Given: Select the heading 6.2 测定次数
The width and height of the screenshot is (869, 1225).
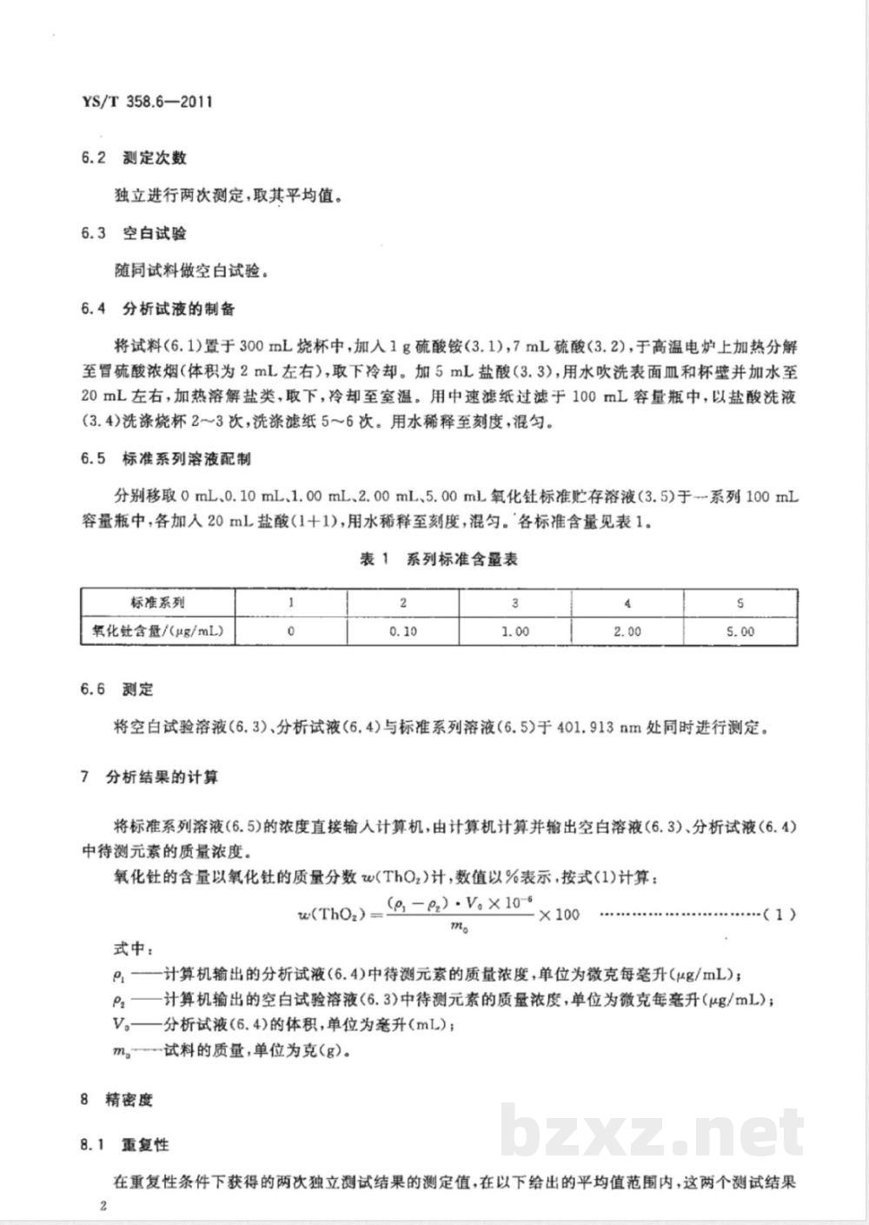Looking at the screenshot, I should point(133,158).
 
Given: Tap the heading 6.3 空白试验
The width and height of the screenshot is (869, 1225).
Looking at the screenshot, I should point(133,233).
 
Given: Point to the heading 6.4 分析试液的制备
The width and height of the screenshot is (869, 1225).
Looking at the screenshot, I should point(157,309).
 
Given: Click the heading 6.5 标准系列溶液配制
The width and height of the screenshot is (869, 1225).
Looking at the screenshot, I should point(165,458).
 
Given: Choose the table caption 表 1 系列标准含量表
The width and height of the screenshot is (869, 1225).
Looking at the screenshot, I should point(439,560).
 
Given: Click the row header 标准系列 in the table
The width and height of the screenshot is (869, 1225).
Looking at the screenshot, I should point(157,603).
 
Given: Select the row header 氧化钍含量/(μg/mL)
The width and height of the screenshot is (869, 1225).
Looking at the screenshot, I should point(157,631).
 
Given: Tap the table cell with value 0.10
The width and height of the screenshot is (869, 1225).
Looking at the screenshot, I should point(402,631).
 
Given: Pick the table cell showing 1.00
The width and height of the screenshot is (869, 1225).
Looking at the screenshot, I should point(515,631).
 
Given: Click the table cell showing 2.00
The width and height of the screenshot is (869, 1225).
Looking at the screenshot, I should point(627,631).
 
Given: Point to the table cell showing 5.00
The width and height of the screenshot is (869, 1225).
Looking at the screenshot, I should point(740,631).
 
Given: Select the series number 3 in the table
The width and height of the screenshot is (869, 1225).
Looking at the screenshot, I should point(515,603).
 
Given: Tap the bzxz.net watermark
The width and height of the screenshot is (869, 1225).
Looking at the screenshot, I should point(652,1132).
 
